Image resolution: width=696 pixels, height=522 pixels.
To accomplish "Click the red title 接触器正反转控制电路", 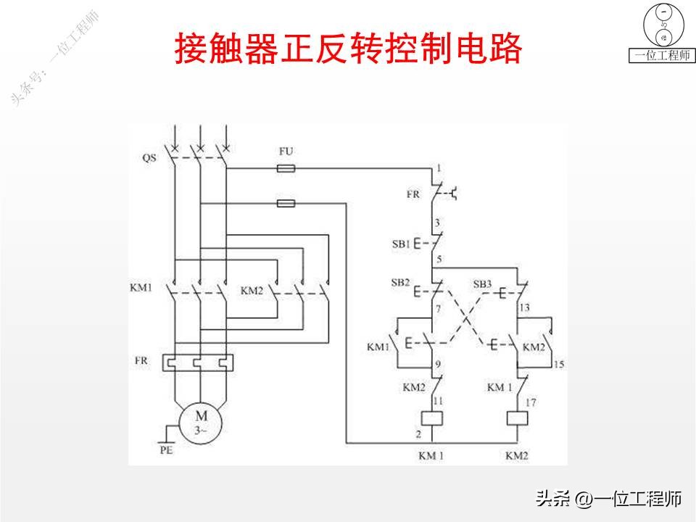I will point(348,49).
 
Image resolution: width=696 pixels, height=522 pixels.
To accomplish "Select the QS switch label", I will point(149,157).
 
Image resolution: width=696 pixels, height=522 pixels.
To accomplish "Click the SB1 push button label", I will point(402,244).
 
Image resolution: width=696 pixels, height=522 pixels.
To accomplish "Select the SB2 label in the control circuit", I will point(401,282).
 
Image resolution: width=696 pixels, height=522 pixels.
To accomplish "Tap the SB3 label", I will point(483,282).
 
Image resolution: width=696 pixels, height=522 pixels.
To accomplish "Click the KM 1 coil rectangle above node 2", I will point(432,418).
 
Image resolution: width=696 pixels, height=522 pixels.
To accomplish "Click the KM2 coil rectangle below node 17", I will point(518,418).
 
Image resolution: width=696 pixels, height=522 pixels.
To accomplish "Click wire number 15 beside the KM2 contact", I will point(558,364).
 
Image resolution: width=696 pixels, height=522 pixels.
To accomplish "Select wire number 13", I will point(525,308).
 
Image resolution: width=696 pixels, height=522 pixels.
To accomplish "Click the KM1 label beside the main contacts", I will point(141,288).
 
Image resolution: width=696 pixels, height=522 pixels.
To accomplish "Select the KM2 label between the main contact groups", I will point(252,291).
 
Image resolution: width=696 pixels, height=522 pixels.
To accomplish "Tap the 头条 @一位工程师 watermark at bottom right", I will point(609,499).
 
